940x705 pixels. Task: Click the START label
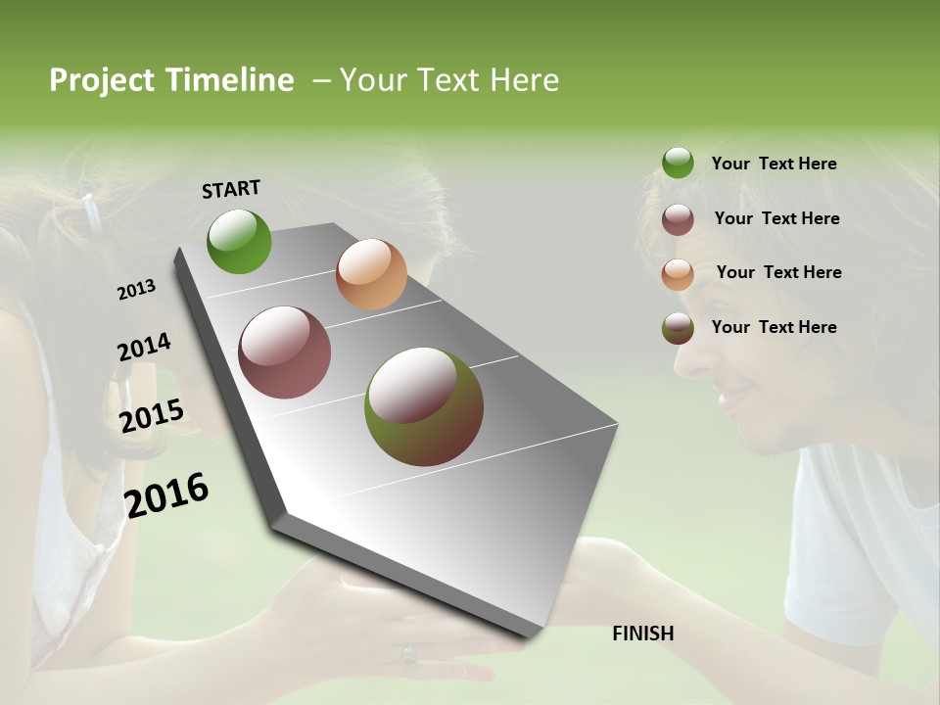pos(231,189)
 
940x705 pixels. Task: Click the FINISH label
pos(643,634)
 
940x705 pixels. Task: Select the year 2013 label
pos(137,290)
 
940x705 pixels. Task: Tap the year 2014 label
pos(144,348)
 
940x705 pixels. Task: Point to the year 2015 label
pos(152,416)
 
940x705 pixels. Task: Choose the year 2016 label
pos(166,494)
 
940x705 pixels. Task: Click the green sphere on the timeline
pos(239,241)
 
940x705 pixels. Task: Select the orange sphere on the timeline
pos(371,274)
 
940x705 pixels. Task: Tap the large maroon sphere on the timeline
pos(285,352)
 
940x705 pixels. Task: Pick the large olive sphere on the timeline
pos(424,406)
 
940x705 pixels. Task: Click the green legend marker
pos(678,164)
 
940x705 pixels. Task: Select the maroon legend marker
pos(678,219)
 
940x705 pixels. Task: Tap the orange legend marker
pos(678,274)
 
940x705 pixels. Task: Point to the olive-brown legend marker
pos(678,328)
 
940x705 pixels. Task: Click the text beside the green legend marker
pos(774,164)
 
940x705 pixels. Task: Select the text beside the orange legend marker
pos(778,272)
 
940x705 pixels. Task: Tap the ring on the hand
pos(409,653)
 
